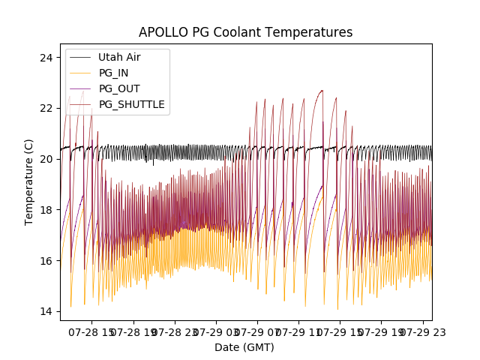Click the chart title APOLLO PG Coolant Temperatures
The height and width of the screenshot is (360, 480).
coord(245,33)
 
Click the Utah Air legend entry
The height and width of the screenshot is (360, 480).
coord(119,57)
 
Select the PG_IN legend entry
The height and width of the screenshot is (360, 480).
coord(113,73)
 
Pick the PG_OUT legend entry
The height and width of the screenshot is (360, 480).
coord(119,88)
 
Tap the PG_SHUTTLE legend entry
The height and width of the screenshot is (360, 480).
coord(131,104)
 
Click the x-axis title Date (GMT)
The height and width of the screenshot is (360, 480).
coord(244,347)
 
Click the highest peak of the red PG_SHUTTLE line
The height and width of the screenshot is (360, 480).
coord(322,90)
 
